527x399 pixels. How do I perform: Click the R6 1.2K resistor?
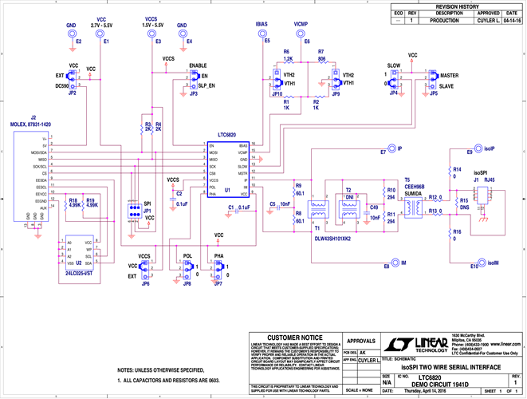[288, 63]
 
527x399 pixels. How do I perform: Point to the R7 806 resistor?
[321, 63]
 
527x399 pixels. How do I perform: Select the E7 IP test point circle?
[391, 149]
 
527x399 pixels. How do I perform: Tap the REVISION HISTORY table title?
[456, 6]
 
